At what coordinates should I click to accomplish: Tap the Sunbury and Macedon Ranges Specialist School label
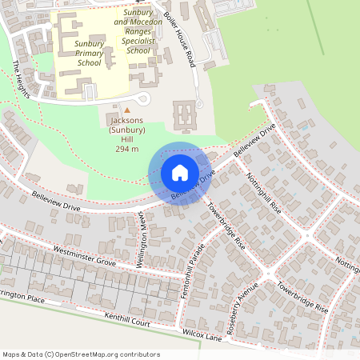[x=138, y=31]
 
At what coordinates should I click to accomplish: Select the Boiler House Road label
[x=180, y=38]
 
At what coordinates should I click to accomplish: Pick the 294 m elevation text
[x=127, y=149]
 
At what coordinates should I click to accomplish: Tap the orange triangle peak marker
[x=126, y=110]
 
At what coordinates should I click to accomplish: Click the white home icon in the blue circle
[x=180, y=172]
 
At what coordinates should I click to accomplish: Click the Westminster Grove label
[x=84, y=261]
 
